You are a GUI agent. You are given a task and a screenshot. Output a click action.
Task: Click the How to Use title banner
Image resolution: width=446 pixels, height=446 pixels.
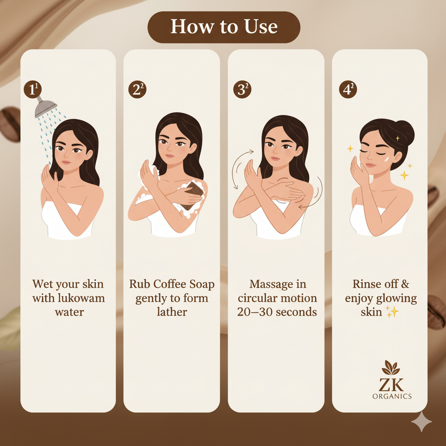(223, 27)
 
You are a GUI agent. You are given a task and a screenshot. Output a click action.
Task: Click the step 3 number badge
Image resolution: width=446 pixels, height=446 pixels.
(242, 89)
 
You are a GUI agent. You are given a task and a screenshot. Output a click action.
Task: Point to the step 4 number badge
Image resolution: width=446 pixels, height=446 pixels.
(348, 89)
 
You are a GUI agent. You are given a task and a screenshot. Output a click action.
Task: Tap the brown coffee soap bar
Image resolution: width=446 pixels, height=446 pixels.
(192, 196)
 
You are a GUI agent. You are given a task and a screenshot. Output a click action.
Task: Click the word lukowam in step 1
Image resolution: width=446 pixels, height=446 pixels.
(82, 298)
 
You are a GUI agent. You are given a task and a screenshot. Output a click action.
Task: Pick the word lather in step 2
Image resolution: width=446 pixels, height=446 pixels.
(172, 312)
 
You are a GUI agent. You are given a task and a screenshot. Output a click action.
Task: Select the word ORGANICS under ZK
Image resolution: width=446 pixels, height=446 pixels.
(392, 396)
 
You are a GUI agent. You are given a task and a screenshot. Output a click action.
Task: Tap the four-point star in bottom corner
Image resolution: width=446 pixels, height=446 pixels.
(422, 421)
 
